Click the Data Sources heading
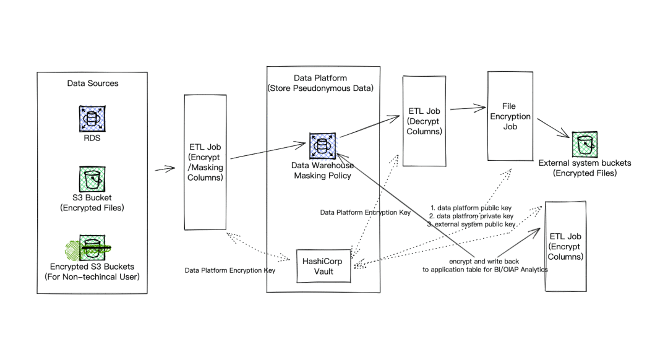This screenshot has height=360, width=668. point(92,83)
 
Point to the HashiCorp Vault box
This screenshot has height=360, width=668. point(323,266)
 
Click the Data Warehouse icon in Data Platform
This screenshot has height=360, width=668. point(322,145)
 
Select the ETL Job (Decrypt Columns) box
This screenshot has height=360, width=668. point(425,121)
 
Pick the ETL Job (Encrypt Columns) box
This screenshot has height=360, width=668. point(565,246)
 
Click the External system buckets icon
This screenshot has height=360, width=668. point(584,145)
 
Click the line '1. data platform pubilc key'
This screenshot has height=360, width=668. point(472,207)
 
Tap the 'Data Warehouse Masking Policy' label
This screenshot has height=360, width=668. point(323,171)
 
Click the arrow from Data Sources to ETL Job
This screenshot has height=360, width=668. point(165,168)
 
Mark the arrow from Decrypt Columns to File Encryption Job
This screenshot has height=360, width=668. point(466,108)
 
